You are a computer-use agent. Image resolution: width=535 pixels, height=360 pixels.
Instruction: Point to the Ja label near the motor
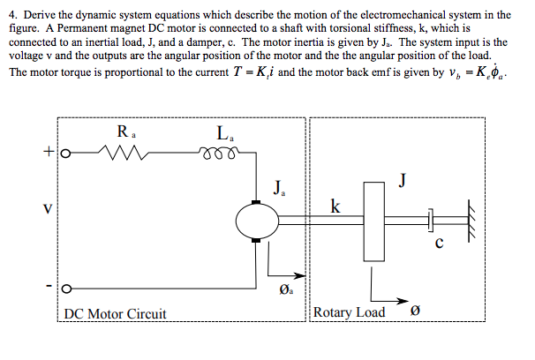(279, 187)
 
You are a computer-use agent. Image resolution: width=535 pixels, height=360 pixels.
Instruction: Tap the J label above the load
(402, 181)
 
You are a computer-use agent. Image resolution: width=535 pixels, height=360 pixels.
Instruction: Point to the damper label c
(439, 244)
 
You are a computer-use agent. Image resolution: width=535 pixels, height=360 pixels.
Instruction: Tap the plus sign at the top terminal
(46, 151)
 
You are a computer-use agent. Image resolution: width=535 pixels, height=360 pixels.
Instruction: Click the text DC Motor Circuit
(116, 313)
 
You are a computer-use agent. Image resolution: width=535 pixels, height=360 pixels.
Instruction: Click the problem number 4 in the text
(11, 15)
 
